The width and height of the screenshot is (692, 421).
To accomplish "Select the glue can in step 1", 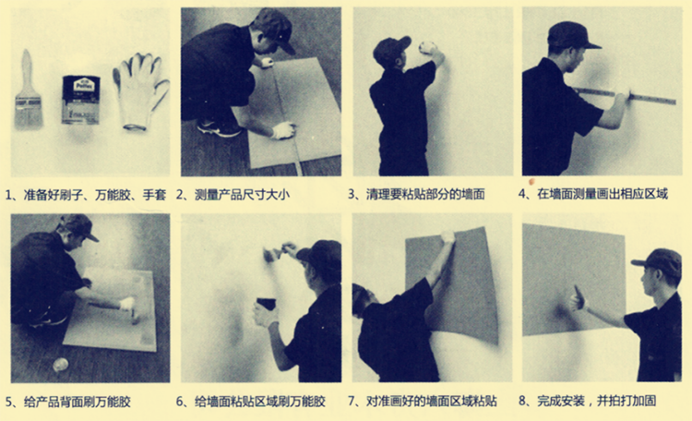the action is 81,100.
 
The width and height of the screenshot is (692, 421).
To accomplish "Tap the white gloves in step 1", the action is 140,91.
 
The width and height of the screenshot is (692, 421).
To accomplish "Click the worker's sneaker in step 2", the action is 220,127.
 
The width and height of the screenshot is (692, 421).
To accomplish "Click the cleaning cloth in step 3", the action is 427,47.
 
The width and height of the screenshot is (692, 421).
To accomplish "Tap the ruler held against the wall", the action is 626,96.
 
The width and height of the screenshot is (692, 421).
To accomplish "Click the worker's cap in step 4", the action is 572,35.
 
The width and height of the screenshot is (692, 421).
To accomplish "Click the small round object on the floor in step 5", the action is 61,365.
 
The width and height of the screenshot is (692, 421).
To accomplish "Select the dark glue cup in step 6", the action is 266,304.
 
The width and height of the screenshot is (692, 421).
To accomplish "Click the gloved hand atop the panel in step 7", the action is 447,236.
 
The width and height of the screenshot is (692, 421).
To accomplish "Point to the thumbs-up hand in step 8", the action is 578,299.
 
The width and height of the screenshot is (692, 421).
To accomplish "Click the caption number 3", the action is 352,195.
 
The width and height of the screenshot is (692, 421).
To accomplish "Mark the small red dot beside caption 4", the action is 531,181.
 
